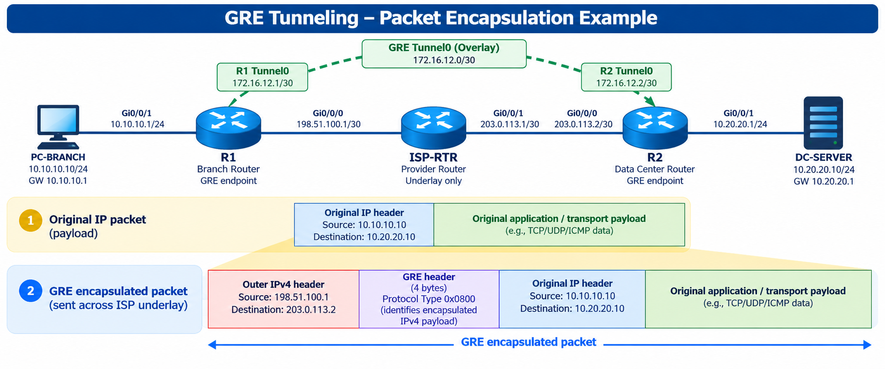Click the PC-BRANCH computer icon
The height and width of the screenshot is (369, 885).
point(58,127)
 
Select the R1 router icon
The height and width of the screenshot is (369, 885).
point(228,128)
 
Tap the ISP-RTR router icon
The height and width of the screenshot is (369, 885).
point(433,128)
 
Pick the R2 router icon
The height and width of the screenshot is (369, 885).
point(655,128)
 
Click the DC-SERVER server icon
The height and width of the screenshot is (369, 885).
point(823,123)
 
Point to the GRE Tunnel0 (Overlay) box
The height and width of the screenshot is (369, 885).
point(444,54)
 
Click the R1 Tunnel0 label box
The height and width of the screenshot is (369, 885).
point(262,77)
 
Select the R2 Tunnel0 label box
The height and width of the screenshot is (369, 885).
point(626,77)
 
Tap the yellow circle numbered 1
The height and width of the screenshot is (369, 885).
point(31,220)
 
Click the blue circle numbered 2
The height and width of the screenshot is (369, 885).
point(31,291)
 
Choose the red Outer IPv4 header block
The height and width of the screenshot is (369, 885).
point(283,299)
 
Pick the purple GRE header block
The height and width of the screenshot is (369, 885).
point(429,299)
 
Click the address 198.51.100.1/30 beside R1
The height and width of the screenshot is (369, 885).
point(329,124)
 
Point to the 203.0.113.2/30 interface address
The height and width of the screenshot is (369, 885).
point(583,124)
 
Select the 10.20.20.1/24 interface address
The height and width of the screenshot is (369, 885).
point(740,124)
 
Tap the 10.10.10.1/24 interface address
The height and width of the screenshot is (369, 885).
point(137,124)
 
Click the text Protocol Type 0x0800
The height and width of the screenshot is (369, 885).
point(429,299)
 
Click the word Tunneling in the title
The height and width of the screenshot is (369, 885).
point(314,18)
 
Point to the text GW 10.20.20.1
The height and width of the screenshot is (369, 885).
point(823,182)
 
